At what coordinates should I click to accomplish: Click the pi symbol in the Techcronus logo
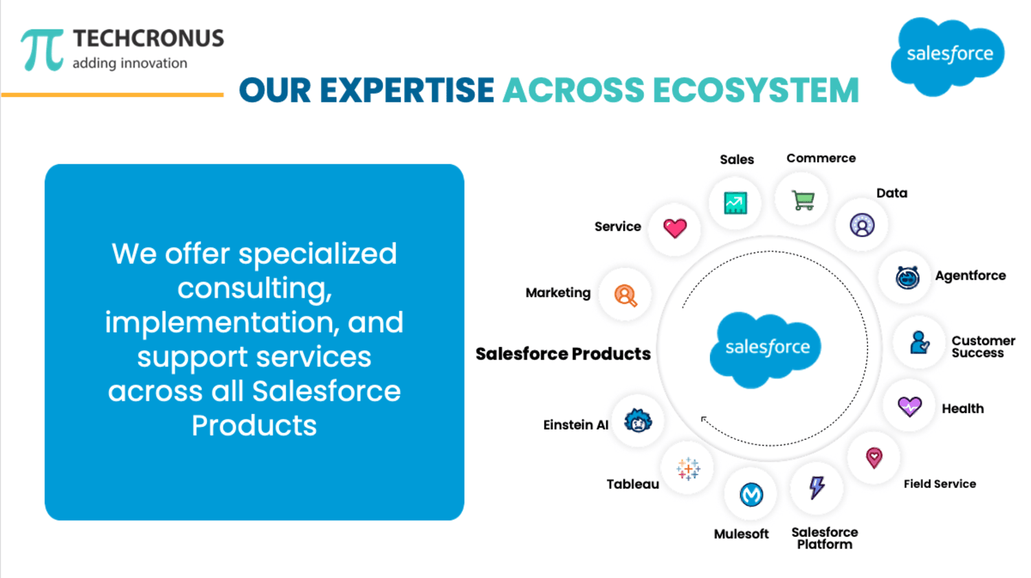pyautogui.click(x=42, y=49)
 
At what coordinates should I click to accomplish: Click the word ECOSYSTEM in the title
pyautogui.click(x=756, y=90)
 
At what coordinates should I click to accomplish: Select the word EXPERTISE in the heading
pyautogui.click(x=407, y=90)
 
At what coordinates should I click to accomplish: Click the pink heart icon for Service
pyautogui.click(x=675, y=227)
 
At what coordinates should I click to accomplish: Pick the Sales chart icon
pyautogui.click(x=735, y=203)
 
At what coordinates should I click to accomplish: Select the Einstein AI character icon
pyautogui.click(x=638, y=420)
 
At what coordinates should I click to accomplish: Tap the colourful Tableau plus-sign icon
pyautogui.click(x=688, y=469)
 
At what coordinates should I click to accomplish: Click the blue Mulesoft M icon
pyautogui.click(x=751, y=495)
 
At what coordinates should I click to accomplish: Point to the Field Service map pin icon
pyautogui.click(x=874, y=458)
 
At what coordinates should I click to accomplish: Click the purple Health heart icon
pyautogui.click(x=909, y=406)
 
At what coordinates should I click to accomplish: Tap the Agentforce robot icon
pyautogui.click(x=907, y=278)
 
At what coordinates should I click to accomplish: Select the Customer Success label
pyautogui.click(x=983, y=346)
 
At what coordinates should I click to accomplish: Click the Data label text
pyautogui.click(x=891, y=193)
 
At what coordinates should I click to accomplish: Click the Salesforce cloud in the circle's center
pyautogui.click(x=766, y=350)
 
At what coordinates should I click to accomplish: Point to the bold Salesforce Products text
pyautogui.click(x=563, y=354)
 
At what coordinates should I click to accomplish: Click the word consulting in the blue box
pyautogui.click(x=254, y=289)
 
